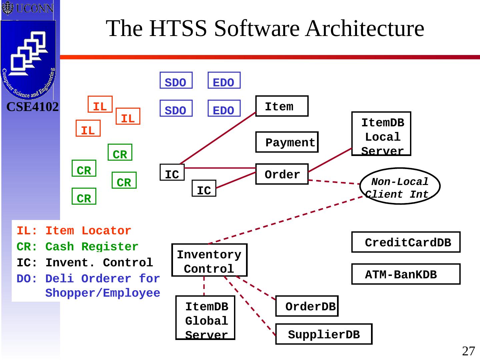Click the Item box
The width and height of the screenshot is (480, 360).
[x=282, y=106]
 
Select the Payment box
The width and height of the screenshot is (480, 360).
[x=287, y=142]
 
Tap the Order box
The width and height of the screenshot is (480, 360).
[x=282, y=174]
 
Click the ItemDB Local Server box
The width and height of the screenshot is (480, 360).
[x=381, y=134]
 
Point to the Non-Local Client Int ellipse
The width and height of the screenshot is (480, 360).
[x=400, y=186]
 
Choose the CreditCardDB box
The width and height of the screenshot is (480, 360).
[x=406, y=242]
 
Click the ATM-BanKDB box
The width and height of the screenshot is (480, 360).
[x=406, y=274]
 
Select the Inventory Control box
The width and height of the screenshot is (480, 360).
[x=209, y=260]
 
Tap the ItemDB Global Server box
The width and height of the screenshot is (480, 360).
[x=205, y=318]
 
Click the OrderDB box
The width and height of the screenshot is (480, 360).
[x=307, y=306]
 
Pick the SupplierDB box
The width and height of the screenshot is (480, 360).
[x=324, y=334]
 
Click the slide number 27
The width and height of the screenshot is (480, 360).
[x=468, y=351]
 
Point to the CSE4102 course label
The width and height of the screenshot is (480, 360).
[x=33, y=107]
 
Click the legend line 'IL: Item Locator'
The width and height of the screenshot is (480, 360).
[x=74, y=231]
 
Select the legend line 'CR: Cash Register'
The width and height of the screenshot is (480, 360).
[x=77, y=247]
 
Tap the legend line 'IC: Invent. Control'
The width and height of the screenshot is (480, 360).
[x=85, y=263]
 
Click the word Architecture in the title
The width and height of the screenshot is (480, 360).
[x=365, y=28]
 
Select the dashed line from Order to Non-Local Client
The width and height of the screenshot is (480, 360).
[x=333, y=182]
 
